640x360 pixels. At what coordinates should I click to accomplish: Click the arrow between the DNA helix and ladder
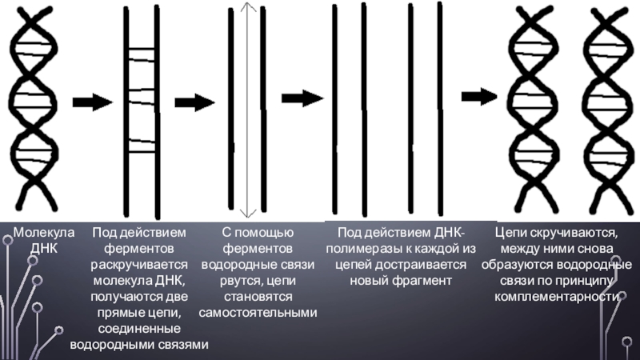(92, 102)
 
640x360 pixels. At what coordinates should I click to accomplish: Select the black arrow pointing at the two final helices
(478, 97)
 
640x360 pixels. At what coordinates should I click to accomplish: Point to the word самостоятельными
(258, 312)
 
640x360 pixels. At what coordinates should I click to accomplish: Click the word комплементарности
(557, 296)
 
